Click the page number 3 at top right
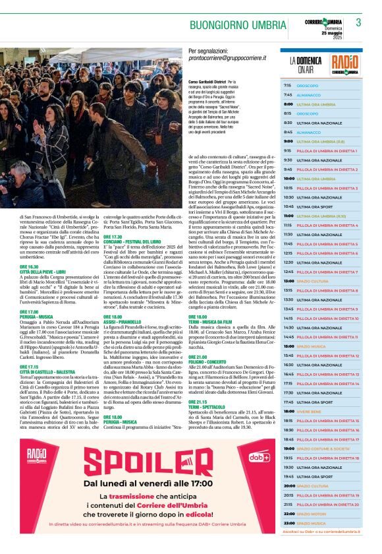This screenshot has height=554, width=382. [x=358, y=22]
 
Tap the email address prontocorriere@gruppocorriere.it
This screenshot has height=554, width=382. [x=227, y=58]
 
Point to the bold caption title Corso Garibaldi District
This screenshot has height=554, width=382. [x=207, y=81]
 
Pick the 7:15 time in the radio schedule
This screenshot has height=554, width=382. [x=288, y=86]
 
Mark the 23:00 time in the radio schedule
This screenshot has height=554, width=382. [x=288, y=523]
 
